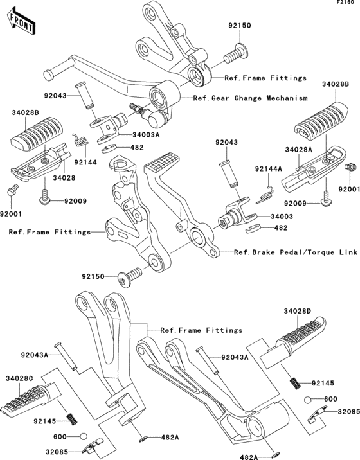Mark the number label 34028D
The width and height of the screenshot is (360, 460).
[298, 311]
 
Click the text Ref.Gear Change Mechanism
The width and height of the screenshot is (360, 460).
[241, 98]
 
